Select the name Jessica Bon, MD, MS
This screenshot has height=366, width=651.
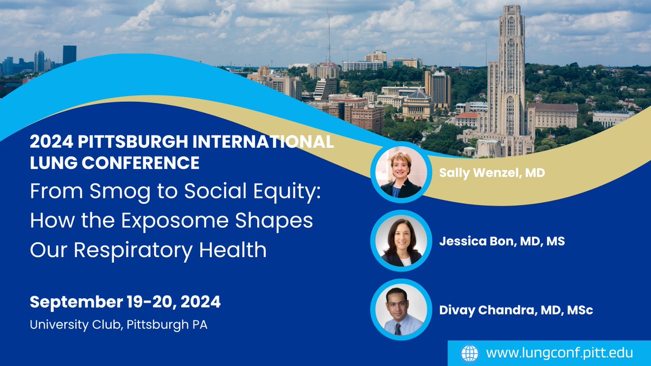coord(502,241)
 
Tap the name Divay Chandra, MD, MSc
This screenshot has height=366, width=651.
coord(515,310)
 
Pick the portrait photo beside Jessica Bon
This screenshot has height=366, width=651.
coord(401,241)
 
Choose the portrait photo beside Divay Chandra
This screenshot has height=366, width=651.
coord(401,310)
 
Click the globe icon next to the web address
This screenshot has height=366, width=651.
coord(470,353)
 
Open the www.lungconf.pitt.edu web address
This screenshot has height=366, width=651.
coord(559,353)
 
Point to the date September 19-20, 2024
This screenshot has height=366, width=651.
coord(125,302)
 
